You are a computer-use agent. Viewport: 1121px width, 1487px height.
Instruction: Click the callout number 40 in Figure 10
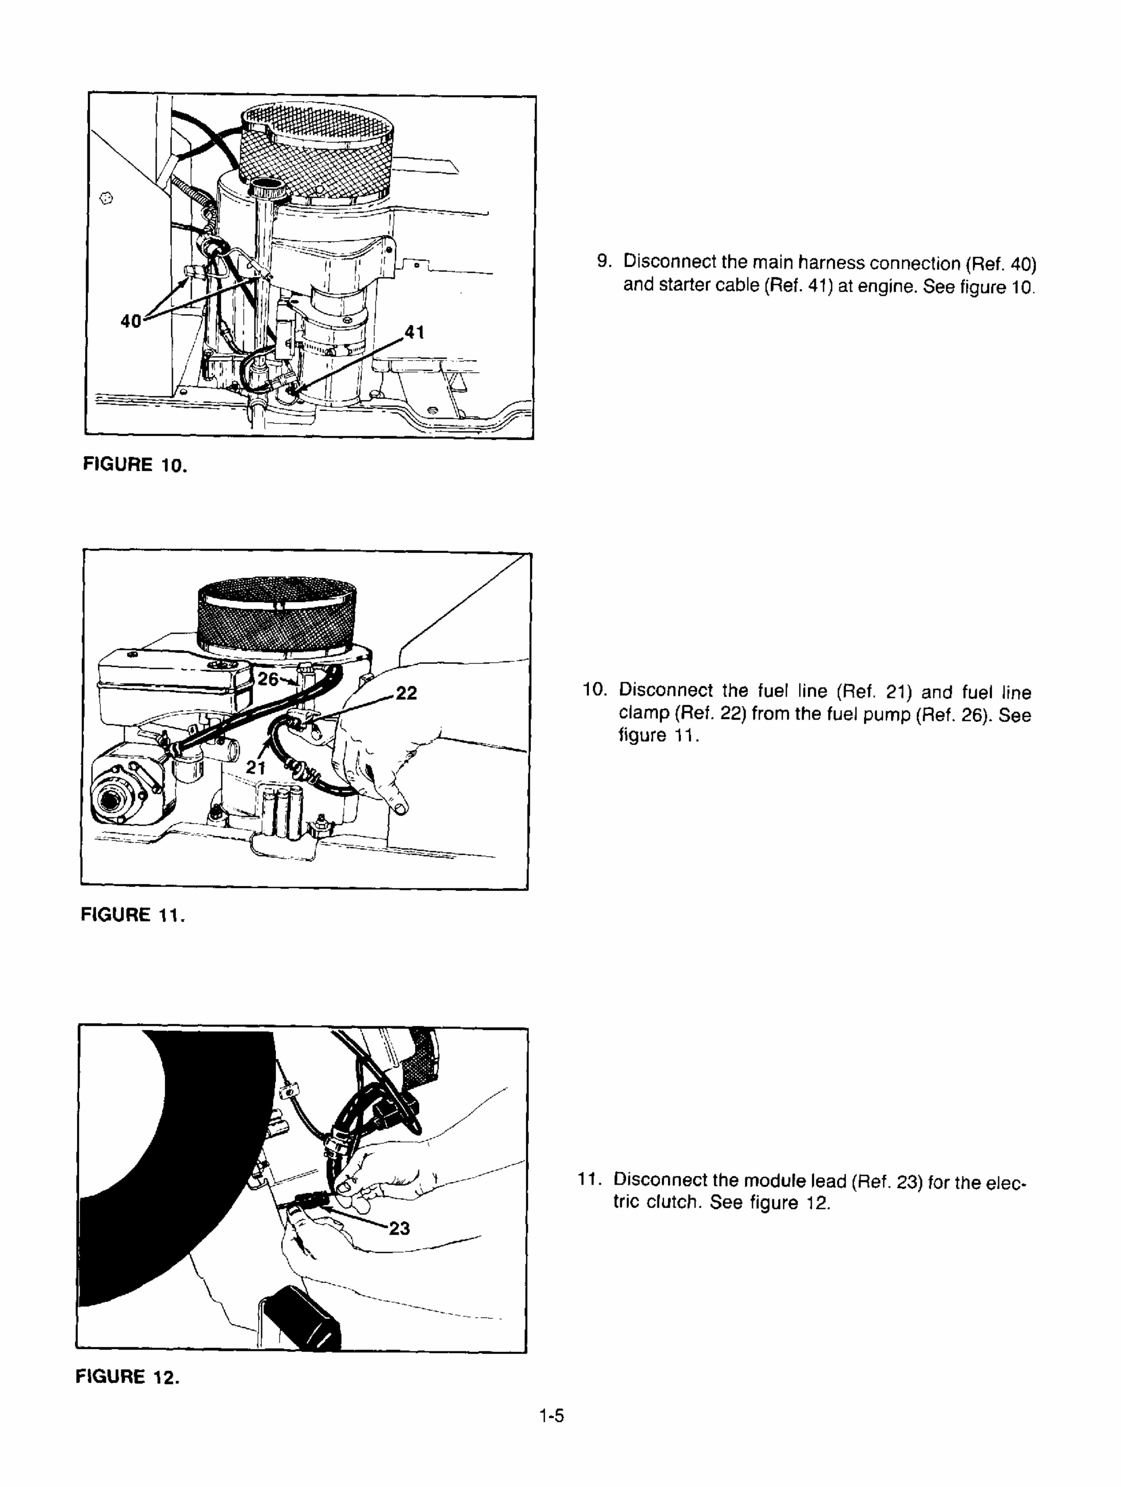pos(131,321)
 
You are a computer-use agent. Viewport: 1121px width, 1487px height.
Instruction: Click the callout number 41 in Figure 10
pos(414,332)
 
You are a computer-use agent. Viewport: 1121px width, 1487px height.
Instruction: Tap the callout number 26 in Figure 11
pos(268,679)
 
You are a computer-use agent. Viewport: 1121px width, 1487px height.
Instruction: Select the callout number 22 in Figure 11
pos(406,693)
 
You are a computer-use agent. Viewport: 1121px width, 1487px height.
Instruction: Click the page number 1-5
pos(551,1416)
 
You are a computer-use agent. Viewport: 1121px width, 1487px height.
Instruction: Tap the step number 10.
pos(594,690)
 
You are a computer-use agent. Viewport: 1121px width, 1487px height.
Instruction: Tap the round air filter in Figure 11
pos(277,619)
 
